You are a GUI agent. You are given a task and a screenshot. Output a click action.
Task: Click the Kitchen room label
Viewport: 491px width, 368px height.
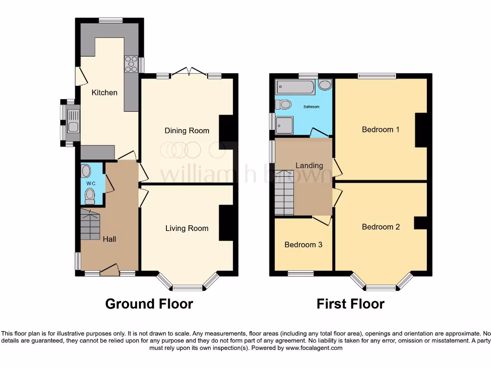pyautogui.click(x=105, y=92)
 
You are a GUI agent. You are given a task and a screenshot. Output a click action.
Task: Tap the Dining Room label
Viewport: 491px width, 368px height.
pyautogui.click(x=187, y=130)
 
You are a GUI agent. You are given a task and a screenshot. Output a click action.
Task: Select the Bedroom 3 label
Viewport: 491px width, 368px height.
pyautogui.click(x=303, y=244)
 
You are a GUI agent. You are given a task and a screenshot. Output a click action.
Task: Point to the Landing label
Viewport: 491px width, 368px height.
pyautogui.click(x=309, y=165)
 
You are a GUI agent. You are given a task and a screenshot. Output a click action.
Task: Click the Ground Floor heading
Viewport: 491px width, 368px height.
pyautogui.click(x=149, y=304)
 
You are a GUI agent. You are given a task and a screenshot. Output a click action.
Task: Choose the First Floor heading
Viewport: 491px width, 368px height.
pyautogui.click(x=350, y=304)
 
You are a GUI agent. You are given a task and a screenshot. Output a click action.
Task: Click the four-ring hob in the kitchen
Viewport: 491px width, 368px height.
pyautogui.click(x=131, y=64)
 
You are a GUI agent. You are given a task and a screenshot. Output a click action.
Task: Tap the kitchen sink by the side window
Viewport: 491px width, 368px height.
pyautogui.click(x=73, y=121)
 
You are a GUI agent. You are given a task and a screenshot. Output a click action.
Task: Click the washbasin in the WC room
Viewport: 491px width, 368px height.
pyautogui.click(x=86, y=171)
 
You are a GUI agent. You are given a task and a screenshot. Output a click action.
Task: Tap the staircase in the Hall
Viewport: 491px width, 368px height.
pyautogui.click(x=90, y=225)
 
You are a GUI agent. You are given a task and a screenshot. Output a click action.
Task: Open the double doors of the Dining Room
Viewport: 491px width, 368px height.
pyautogui.click(x=187, y=72)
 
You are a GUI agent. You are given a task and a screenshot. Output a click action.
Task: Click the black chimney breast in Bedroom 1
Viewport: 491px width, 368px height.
pyautogui.click(x=421, y=130)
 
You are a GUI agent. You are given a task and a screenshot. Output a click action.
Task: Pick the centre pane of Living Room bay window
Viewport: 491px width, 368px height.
pyautogui.click(x=187, y=288)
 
